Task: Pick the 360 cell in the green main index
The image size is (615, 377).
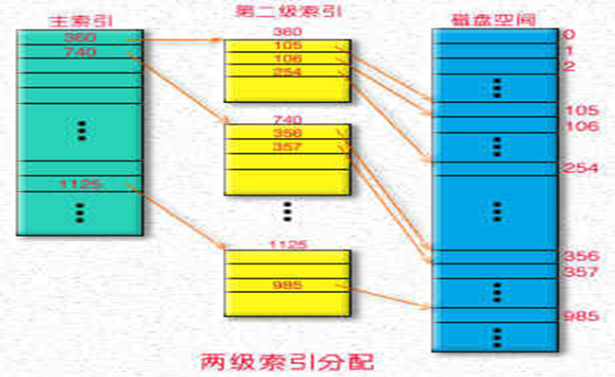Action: pos(80,38)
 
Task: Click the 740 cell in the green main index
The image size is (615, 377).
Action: pos(80,52)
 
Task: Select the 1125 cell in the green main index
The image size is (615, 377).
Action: pos(80,183)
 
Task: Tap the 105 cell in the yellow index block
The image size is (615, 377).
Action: pos(287,46)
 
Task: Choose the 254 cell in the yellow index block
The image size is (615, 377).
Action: pos(287,72)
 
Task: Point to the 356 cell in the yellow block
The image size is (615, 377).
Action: pos(287,134)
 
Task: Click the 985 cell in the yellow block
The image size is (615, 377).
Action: pos(287,285)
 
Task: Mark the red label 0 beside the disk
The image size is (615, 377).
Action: pos(568,35)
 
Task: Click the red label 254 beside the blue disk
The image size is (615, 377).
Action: pos(578,168)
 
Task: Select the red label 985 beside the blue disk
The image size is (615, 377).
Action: pos(578,316)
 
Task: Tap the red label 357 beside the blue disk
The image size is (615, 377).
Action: pos(578,272)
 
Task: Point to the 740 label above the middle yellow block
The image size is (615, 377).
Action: pos(287,120)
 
